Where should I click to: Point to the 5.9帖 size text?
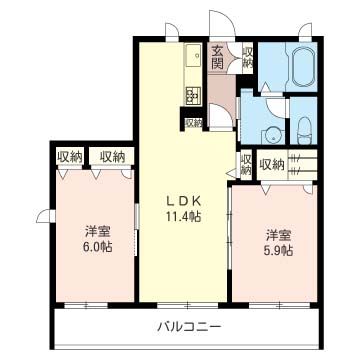click(x=279, y=251)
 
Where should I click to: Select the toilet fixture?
click(x=305, y=129)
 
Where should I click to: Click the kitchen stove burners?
click(x=189, y=96)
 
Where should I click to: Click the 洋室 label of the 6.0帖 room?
click(x=97, y=230)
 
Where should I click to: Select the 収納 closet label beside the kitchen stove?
click(x=193, y=123)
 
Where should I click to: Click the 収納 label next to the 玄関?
click(x=247, y=58)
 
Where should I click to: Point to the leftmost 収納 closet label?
click(x=69, y=156)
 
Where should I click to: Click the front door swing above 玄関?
click(x=219, y=25)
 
